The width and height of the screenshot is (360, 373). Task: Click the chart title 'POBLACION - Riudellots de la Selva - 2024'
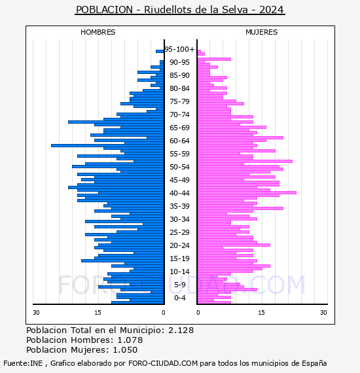coord(180,10)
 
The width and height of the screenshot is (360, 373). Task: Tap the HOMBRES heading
coord(98,32)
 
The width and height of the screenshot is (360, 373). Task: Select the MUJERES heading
coord(262,32)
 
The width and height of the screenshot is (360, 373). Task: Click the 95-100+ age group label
coord(179,49)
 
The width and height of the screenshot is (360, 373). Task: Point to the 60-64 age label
coord(179,141)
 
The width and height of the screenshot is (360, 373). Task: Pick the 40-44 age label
coord(179,193)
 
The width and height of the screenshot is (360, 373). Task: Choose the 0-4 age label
coord(179,298)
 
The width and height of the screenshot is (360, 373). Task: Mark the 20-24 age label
coord(179,245)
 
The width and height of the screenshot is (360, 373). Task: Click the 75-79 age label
coord(179,101)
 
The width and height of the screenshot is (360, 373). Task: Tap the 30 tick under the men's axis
coord(36,313)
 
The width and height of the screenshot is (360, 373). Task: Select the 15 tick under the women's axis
coord(261,313)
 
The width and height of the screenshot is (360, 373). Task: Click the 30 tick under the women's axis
coord(323,313)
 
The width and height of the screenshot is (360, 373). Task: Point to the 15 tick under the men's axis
coord(98,313)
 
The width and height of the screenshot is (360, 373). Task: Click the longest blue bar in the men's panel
coord(107,145)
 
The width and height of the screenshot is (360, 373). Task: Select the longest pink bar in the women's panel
coord(247,192)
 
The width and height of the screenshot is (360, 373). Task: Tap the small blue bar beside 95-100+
coord(160,52)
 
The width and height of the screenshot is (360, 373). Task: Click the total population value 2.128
coord(181,330)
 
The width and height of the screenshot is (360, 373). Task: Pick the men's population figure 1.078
coord(130,340)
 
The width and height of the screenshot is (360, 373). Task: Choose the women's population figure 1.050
coord(125,350)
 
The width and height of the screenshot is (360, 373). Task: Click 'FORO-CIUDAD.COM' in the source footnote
coord(163,363)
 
